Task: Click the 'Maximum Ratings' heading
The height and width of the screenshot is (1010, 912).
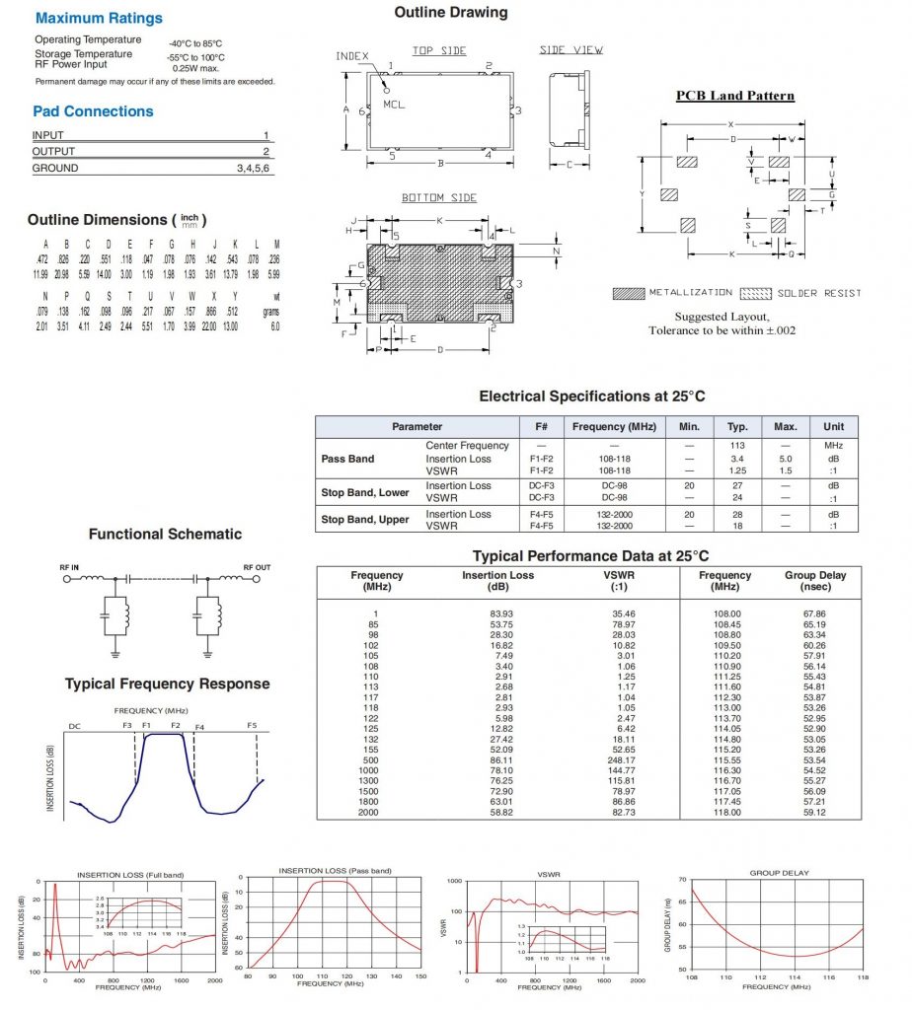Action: point(98,18)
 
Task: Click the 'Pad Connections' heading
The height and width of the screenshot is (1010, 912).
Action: point(93,111)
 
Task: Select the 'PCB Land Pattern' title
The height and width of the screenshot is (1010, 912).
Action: point(734,96)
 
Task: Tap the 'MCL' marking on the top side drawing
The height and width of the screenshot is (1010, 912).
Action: point(394,104)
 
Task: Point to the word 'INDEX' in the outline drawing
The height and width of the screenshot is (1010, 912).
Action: point(351,56)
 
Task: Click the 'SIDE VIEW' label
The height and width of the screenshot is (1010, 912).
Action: point(571,50)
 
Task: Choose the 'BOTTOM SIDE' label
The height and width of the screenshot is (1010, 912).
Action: point(438,198)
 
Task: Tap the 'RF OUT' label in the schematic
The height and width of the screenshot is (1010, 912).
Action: point(257,567)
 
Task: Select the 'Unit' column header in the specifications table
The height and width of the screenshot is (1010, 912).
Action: point(833,427)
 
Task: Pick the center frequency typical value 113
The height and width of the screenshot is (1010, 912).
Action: point(735,446)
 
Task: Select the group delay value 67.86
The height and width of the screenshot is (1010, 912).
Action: point(814,613)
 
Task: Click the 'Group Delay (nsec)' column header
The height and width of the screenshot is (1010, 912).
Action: point(814,581)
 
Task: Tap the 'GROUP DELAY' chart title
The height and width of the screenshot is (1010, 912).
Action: point(778,873)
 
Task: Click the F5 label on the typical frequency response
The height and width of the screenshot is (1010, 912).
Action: point(252,726)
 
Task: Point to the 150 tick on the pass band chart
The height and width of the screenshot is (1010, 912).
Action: point(419,976)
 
